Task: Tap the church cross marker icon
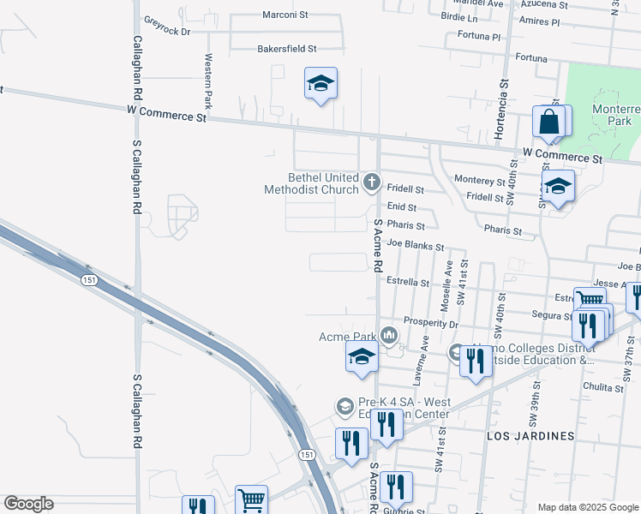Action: (x=372, y=181)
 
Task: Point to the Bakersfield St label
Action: (x=287, y=49)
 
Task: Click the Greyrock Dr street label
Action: (x=166, y=25)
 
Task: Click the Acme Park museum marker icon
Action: (x=389, y=333)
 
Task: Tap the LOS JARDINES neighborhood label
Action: (x=530, y=436)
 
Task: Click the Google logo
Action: (x=28, y=504)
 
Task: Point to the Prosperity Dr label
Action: (x=431, y=325)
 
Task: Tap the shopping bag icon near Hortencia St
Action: (x=548, y=122)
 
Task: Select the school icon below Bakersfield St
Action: (x=320, y=84)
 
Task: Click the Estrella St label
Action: (x=407, y=281)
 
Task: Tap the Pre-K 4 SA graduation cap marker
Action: (x=344, y=406)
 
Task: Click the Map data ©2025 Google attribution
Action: (x=588, y=507)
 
